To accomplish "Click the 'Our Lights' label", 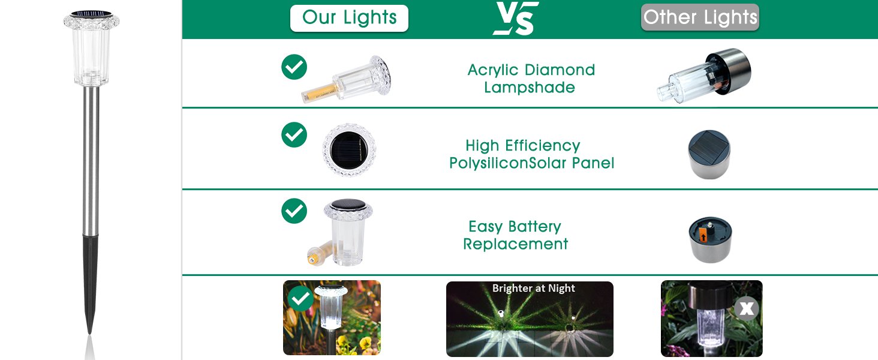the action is click(349, 17).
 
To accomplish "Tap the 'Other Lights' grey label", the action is click(700, 17).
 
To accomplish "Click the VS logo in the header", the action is click(516, 18).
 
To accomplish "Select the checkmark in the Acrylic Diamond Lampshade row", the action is click(294, 67).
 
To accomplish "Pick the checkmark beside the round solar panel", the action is click(294, 135).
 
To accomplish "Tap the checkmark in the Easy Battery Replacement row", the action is click(294, 211).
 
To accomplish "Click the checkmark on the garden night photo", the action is click(300, 298).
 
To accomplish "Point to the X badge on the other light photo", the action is click(746, 308).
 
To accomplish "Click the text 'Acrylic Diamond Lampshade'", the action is click(531, 79).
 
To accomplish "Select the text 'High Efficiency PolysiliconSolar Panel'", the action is click(531, 154).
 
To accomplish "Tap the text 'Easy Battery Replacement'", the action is click(515, 235).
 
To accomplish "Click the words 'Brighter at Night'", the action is click(534, 288).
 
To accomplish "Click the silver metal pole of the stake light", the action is click(91, 161).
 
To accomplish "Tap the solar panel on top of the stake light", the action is click(91, 14).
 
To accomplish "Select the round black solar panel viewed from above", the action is click(349, 150).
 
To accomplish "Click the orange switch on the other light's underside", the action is click(703, 235).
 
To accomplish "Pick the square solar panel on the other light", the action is click(709, 145).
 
